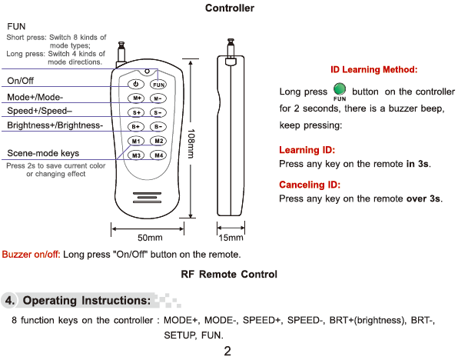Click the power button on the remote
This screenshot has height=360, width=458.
[x=136, y=84]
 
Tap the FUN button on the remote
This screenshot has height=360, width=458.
[x=158, y=85]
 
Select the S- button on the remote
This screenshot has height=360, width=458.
[x=158, y=112]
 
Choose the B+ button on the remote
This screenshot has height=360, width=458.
[x=136, y=127]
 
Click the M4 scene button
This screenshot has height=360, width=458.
[x=158, y=155]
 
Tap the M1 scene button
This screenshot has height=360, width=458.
[x=136, y=141]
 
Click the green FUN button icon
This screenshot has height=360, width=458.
[x=340, y=88]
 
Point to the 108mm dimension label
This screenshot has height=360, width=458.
[x=191, y=144]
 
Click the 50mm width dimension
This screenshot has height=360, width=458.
[x=150, y=238]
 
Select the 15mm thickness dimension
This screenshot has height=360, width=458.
[x=231, y=238]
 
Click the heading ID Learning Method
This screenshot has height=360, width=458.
[x=374, y=69]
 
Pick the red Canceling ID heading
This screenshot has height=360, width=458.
[x=310, y=185]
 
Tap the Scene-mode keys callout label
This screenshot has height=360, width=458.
[x=43, y=153]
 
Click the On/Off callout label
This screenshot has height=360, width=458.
[x=20, y=81]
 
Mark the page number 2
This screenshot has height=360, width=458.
[x=227, y=351]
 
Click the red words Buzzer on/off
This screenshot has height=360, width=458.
[x=31, y=255]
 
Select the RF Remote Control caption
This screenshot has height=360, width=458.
[x=229, y=275]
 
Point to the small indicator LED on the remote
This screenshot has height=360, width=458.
[x=148, y=71]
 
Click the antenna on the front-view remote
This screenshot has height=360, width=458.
[x=121, y=52]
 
